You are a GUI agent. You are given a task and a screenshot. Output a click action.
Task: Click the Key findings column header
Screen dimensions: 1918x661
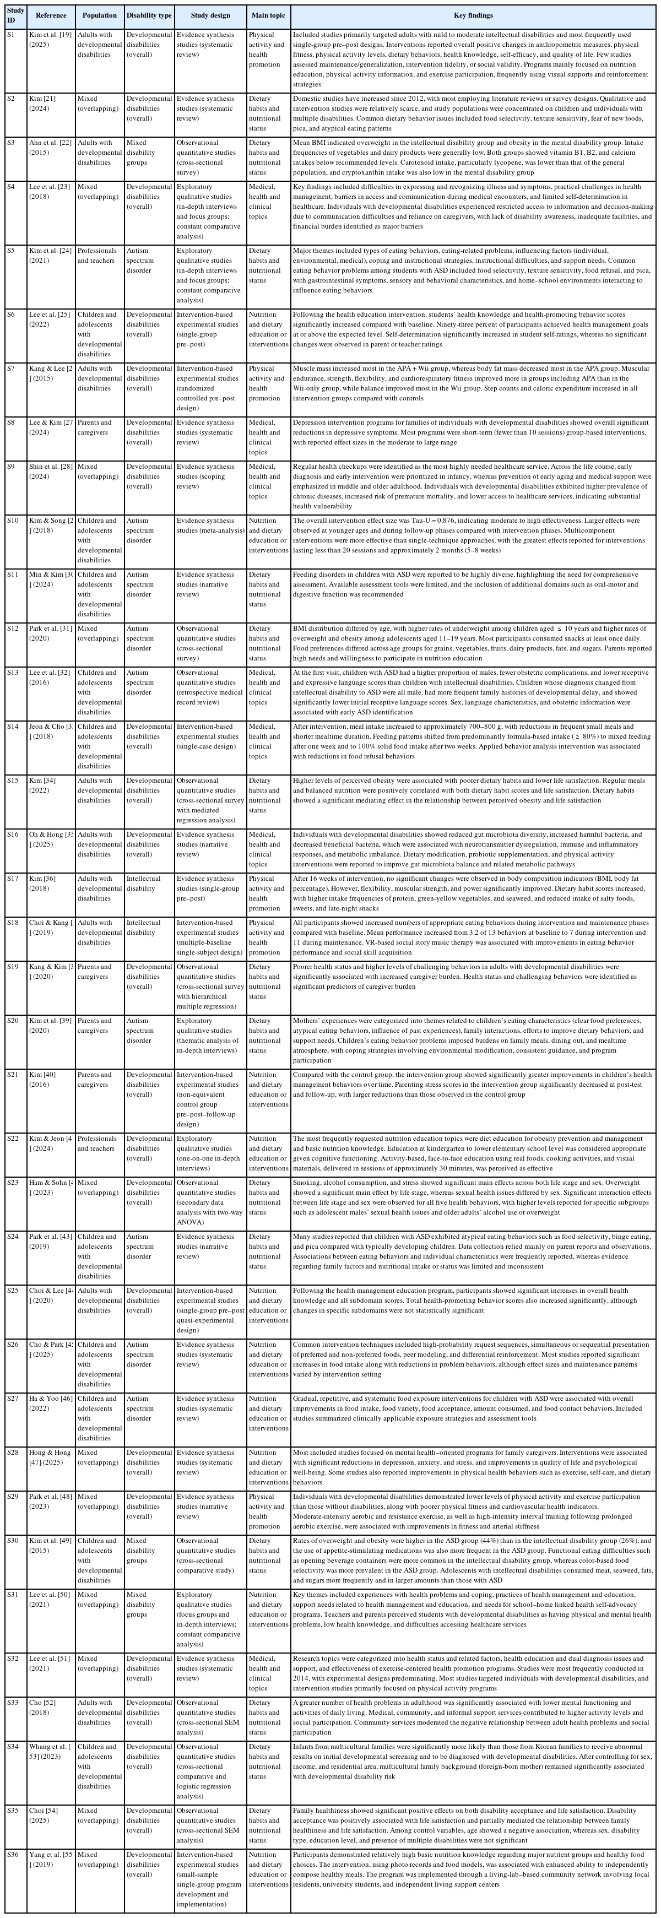[473, 15]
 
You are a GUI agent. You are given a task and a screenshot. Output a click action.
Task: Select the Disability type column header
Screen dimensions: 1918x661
[148, 15]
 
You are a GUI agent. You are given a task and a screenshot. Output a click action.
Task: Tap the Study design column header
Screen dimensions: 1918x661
[209, 15]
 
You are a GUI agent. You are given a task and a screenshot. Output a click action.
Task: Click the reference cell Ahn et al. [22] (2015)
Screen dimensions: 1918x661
[51, 148]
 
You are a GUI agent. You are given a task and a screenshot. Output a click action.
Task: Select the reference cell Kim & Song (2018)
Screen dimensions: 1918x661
[51, 525]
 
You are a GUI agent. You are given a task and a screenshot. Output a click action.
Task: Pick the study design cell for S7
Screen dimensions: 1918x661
[209, 388]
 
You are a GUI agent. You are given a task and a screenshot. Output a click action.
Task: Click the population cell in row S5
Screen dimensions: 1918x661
[99, 256]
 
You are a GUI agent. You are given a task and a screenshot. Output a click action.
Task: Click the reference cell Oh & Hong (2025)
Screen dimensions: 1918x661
[51, 839]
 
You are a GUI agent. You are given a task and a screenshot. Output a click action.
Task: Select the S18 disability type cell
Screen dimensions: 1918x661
[148, 928]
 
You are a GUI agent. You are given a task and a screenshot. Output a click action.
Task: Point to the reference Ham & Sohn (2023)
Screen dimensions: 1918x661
[51, 1188]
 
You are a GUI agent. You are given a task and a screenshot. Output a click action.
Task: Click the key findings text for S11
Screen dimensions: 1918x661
[473, 584]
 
